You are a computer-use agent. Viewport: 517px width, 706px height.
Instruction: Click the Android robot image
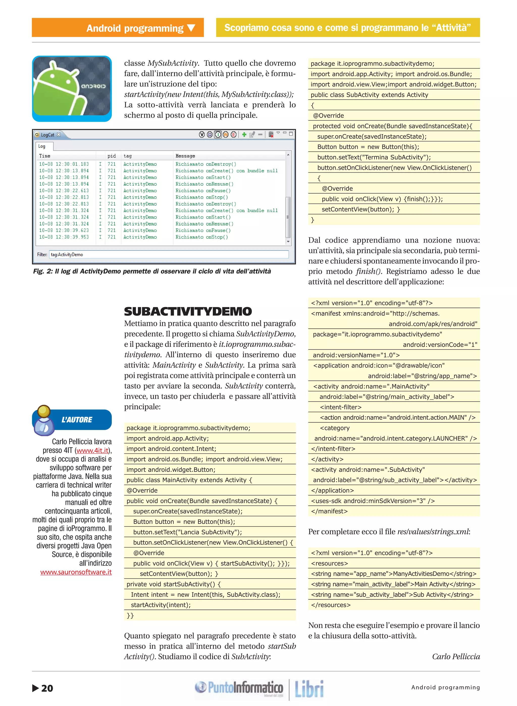pyautogui.click(x=72, y=89)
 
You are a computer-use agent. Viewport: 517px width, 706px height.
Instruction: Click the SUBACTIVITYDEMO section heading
pyautogui.click(x=188, y=312)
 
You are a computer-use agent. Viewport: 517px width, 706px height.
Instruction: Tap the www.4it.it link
pyautogui.click(x=93, y=450)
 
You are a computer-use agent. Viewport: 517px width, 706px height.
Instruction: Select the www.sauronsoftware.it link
pyautogui.click(x=76, y=572)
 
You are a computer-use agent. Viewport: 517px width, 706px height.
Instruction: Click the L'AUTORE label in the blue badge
pyautogui.click(x=77, y=420)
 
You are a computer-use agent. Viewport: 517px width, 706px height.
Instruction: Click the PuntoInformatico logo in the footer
pyautogui.click(x=239, y=688)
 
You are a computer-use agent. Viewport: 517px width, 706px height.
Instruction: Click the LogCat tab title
pyautogui.click(x=47, y=135)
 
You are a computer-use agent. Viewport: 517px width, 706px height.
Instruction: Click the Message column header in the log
pyautogui.click(x=185, y=156)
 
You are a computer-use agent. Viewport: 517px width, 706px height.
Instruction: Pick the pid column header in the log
pyautogui.click(x=111, y=156)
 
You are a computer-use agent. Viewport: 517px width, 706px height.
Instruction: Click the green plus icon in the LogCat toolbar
pyautogui.click(x=244, y=134)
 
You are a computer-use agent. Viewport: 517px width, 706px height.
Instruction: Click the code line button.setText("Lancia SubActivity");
pyautogui.click(x=188, y=532)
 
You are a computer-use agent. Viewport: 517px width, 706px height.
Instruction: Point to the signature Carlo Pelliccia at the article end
pyautogui.click(x=456, y=656)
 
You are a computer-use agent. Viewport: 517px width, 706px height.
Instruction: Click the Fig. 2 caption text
pyautogui.click(x=152, y=271)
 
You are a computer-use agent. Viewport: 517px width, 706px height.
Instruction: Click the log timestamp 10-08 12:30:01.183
pyautogui.click(x=64, y=164)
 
